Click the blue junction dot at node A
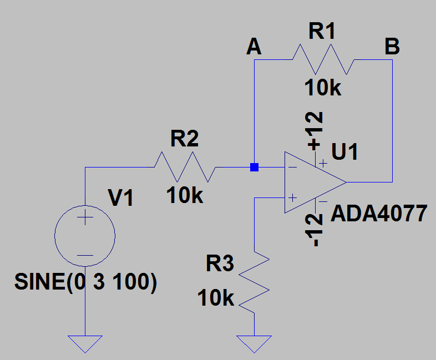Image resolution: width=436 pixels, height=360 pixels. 254,167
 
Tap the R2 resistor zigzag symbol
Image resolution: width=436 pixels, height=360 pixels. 185,167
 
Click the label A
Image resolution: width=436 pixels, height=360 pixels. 254,48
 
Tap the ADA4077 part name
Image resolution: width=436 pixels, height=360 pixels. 379,214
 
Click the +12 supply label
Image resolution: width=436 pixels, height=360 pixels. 315,131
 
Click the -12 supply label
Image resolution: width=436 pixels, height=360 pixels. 315,229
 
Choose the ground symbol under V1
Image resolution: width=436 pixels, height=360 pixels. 85,343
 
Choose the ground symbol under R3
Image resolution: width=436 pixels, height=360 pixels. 254,343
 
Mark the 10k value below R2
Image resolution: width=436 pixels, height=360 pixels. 185,195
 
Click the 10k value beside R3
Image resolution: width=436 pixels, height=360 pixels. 216,298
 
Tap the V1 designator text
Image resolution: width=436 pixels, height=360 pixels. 120,198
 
